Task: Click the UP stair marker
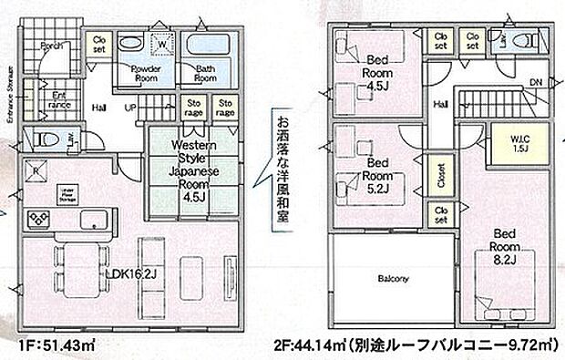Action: (x=130, y=107)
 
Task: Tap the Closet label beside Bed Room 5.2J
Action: (x=441, y=175)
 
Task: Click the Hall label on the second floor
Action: (x=440, y=106)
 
